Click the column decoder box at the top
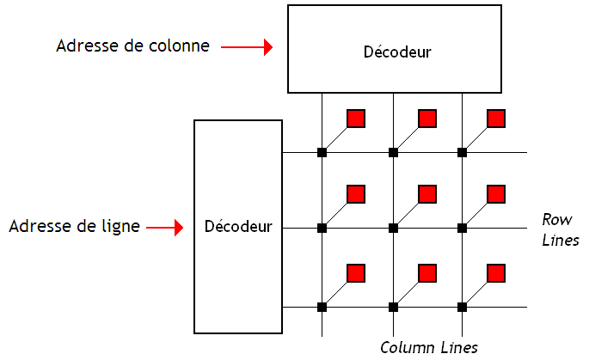pos(395,48)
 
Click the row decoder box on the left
pos(238,227)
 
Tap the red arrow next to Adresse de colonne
pos(246,46)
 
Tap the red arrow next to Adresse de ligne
pos(166,228)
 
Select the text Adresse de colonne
pos(132,46)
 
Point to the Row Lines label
pos(560,229)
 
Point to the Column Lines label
pos(429,347)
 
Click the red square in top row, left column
pos(356,118)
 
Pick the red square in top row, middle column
pos(427,118)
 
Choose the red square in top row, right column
pos(496,118)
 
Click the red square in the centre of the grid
pos(427,194)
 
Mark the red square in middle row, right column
pos(496,194)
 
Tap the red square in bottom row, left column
pos(356,273)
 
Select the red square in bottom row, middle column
pos(427,273)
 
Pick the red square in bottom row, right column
pos(496,273)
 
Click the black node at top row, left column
pos(322,153)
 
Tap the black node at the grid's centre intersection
pos(393,229)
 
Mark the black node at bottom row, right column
pos(462,307)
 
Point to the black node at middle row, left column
pos(322,229)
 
